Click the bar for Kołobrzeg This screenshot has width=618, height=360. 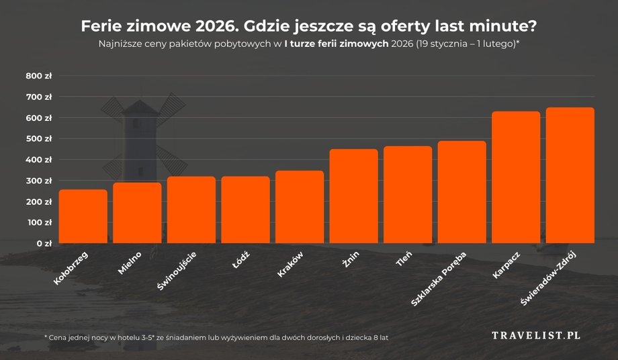point(83,216)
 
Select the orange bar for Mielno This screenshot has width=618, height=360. point(137,212)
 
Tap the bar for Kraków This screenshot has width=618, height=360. point(299,206)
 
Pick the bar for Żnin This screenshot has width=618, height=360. point(353,195)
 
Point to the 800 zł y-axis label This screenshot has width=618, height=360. point(39,77)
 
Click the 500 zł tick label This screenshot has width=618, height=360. point(39,139)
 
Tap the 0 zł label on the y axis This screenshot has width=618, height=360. point(43,243)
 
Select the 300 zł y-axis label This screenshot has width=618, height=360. point(39,181)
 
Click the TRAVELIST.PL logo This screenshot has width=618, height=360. point(536,334)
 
